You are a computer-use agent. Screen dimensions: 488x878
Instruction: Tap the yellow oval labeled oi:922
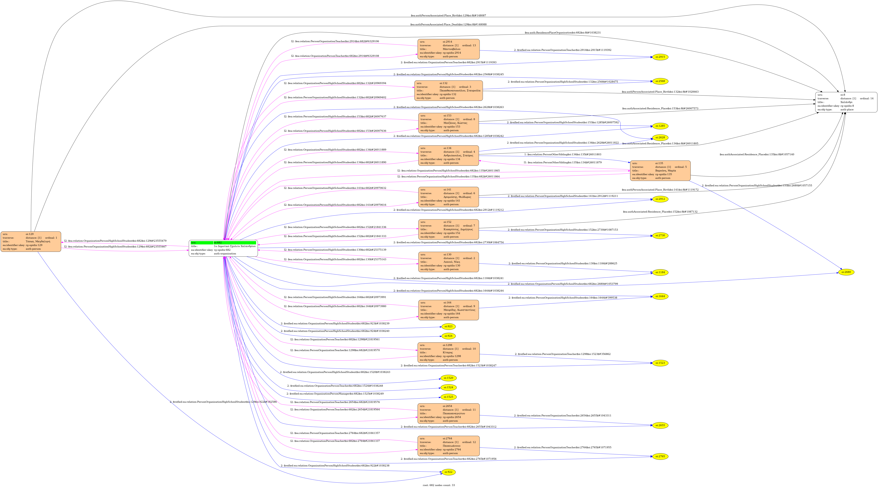tap(449, 472)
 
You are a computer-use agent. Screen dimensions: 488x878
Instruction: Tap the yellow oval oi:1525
tap(449, 397)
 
